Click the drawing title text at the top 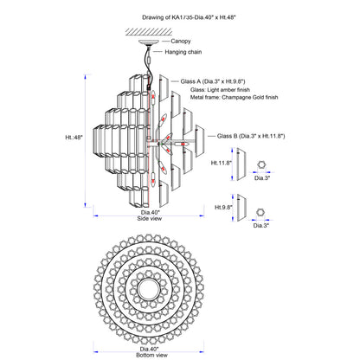click(189, 17)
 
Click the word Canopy click(181, 42)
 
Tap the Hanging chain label click(183, 52)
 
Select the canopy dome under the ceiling click(149, 42)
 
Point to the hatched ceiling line click(149, 32)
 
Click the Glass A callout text click(213, 81)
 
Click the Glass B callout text click(251, 136)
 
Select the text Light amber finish click(228, 90)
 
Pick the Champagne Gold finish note click(250, 97)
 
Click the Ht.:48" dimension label click(74, 137)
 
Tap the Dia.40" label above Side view click(151, 212)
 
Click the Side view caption click(150, 219)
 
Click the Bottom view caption click(151, 355)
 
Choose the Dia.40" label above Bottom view click(149, 349)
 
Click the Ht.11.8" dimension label click(222, 163)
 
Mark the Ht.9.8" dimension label click(223, 207)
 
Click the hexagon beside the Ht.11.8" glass click(261, 164)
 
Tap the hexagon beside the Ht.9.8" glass click(260, 212)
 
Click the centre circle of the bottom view click(149, 289)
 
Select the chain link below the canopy click(149, 61)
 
